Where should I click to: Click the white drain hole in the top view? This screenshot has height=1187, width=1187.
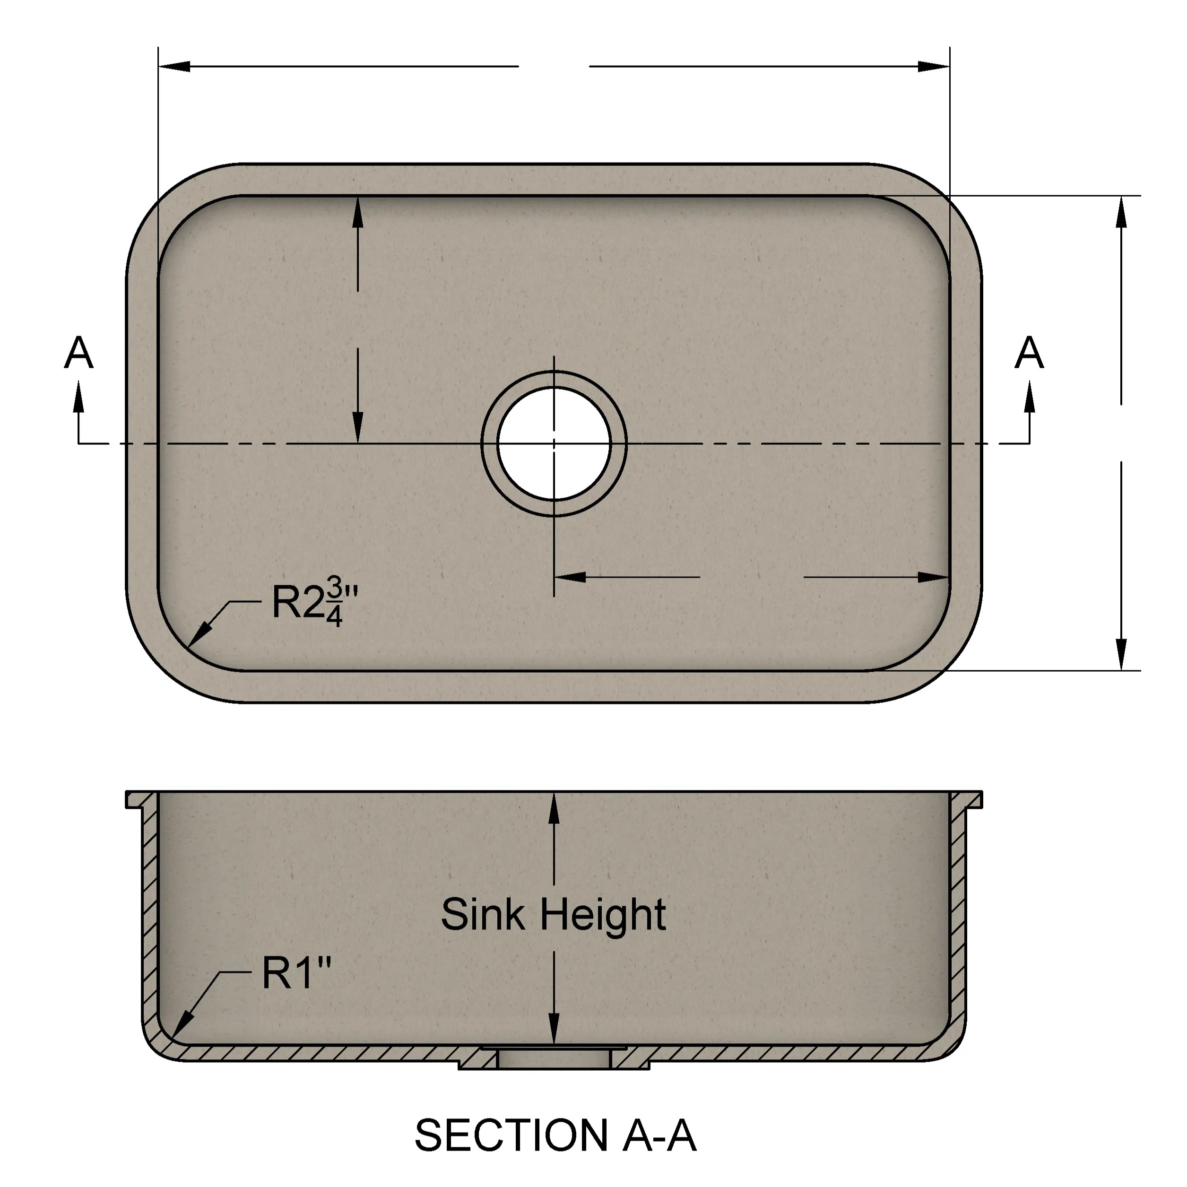click(x=554, y=443)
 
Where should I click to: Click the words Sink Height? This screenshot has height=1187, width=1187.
click(x=554, y=914)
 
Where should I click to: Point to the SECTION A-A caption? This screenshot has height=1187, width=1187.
click(x=555, y=1135)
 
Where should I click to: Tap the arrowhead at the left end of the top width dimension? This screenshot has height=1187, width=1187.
click(x=174, y=66)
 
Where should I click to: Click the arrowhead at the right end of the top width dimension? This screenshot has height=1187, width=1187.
click(x=934, y=66)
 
